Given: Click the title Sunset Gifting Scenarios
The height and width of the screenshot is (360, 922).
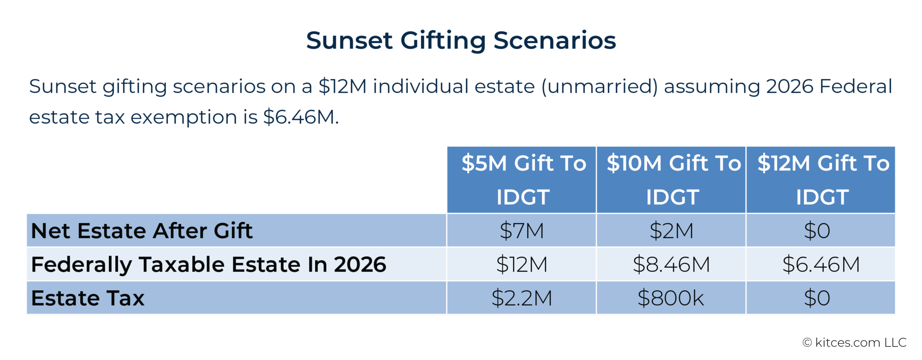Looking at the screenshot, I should (461, 40).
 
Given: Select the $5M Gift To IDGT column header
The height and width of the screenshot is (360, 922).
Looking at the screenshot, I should (522, 180).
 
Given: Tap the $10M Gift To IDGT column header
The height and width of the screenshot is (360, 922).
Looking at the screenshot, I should (672, 180).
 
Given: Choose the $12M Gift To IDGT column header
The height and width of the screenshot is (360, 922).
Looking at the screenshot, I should (822, 180).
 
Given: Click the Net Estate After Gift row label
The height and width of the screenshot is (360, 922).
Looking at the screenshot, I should (142, 231).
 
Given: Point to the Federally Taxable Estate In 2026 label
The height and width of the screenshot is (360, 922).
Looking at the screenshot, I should (208, 265).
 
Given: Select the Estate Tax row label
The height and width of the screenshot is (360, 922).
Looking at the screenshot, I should (88, 298).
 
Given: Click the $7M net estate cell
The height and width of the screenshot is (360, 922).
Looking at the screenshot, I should (522, 231).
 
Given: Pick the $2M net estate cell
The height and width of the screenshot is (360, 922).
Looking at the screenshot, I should (671, 231).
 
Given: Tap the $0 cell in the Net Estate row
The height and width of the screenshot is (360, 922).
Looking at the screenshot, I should (817, 231).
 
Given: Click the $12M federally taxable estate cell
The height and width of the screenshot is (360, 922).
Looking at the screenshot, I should (522, 265).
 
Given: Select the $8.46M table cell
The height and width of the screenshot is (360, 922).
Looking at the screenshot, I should (671, 265).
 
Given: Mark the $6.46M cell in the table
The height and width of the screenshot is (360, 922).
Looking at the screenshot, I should (821, 265).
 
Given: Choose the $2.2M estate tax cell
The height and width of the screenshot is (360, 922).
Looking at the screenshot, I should (522, 298).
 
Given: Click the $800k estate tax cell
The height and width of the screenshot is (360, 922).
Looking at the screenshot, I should (671, 298).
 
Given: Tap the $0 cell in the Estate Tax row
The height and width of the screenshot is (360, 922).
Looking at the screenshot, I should (817, 298).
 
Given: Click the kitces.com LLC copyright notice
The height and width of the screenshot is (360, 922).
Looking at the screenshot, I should (854, 343).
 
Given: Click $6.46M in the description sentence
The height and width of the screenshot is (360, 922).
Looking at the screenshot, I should (300, 117).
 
